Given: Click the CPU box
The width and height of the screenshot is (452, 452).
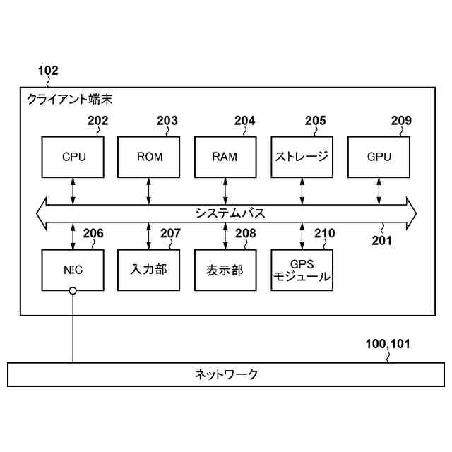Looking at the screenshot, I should tap(73, 156).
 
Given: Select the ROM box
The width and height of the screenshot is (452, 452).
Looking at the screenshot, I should tap(149, 156).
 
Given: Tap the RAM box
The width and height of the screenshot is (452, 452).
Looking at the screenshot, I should tap(225, 156).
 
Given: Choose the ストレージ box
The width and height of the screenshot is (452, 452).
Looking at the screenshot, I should tap(302, 156).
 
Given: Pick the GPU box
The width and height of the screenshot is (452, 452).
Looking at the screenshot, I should tap(379, 156).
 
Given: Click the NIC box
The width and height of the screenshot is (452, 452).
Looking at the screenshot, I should tap(73, 269).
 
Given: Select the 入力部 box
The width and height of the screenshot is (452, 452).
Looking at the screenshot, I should tap(149, 269).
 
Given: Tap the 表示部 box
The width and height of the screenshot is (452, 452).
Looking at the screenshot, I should tap(225, 269).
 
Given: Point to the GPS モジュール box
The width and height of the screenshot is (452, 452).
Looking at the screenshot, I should tap(302, 269).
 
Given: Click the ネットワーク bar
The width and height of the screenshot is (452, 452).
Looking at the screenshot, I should tap(226, 374).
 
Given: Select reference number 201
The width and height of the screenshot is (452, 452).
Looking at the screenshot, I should tap(382, 239).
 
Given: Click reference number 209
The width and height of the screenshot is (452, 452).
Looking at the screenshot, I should tap(400, 121).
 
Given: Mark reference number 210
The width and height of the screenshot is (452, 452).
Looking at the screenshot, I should tap(325, 234).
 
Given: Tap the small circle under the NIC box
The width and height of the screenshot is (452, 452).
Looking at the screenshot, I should tap(73, 291).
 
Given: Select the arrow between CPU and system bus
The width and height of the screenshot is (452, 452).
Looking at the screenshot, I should tap(73, 191).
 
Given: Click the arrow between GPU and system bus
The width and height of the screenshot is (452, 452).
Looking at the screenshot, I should tap(379, 191).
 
